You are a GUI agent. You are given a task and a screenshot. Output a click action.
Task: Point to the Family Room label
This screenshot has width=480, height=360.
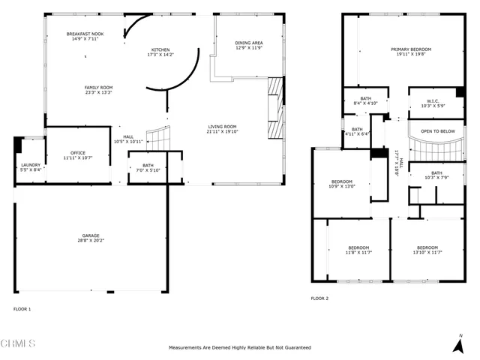pyautogui.click(x=97, y=88)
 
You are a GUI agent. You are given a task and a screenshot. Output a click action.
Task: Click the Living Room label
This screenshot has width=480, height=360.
pyautogui.click(x=222, y=127)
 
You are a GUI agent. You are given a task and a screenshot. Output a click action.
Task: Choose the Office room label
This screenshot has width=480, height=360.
pyautogui.click(x=78, y=153)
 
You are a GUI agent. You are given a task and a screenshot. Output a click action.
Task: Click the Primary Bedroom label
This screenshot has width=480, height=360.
pyautogui.click(x=410, y=49)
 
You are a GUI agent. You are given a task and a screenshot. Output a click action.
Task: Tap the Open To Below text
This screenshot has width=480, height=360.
pyautogui.click(x=437, y=131)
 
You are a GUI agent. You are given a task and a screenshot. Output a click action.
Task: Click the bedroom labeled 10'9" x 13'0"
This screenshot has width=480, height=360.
pyautogui.click(x=343, y=184)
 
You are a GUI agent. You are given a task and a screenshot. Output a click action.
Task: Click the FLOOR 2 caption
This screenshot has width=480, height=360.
pyautogui.click(x=319, y=298)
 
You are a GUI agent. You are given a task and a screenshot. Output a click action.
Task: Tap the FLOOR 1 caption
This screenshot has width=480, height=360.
pyautogui.click(x=22, y=308)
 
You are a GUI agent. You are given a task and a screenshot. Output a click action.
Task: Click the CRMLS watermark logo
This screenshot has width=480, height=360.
pyautogui.click(x=18, y=344)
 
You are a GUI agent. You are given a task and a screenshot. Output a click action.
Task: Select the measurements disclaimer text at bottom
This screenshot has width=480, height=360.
pyautogui.click(x=240, y=348)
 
